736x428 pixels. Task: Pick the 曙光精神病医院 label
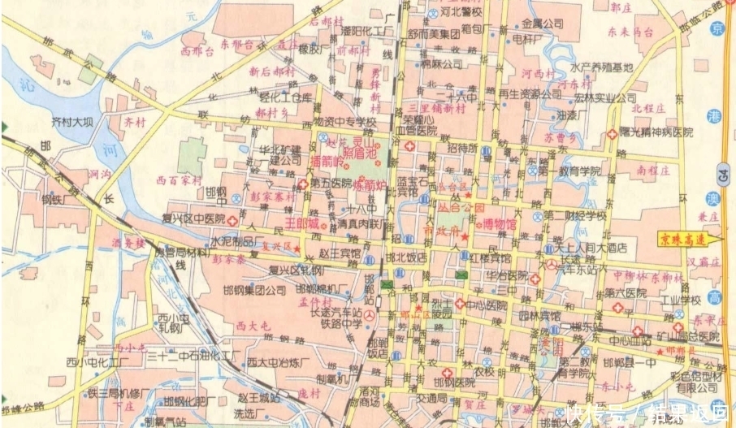(x=656, y=132)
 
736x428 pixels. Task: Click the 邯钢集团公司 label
(x=249, y=289)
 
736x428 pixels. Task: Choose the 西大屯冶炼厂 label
(x=279, y=361)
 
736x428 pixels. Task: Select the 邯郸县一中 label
(x=628, y=363)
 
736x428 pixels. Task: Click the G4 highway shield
(x=721, y=172)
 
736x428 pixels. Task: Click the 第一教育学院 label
(x=568, y=171)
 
